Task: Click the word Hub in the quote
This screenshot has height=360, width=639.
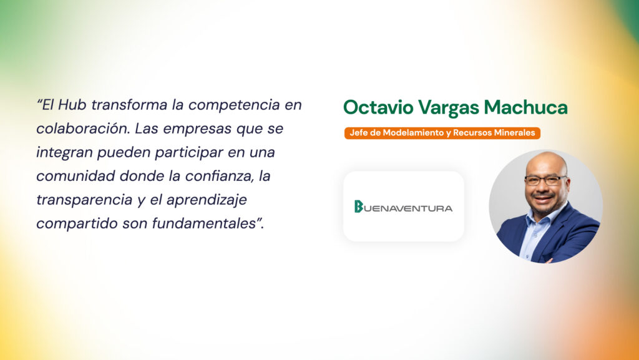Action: pyautogui.click(x=72, y=105)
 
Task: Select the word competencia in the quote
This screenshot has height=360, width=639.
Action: pyautogui.click(x=234, y=105)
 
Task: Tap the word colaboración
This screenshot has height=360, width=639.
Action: pyautogui.click(x=83, y=129)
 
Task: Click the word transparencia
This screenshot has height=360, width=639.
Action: pyautogui.click(x=84, y=200)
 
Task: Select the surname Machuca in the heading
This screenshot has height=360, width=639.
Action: pyautogui.click(x=525, y=107)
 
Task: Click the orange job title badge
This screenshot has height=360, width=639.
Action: pyautogui.click(x=442, y=133)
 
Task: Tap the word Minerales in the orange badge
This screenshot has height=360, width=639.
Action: pyautogui.click(x=515, y=133)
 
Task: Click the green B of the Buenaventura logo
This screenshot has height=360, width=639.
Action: pyautogui.click(x=358, y=207)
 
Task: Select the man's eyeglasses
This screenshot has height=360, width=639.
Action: pyautogui.click(x=545, y=180)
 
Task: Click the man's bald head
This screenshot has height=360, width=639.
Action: pyautogui.click(x=546, y=162)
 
